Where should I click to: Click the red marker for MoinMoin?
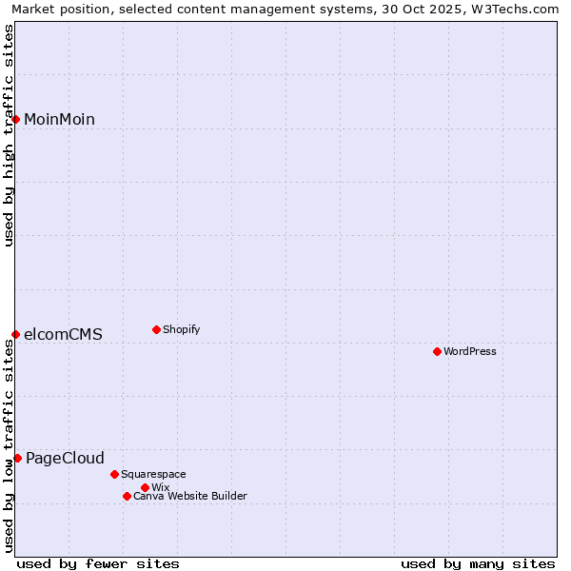(16, 119)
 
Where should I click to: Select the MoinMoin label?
(59, 119)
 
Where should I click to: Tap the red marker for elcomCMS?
(16, 334)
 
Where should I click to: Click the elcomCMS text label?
(63, 334)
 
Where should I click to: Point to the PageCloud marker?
(18, 458)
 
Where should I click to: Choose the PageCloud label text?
(65, 458)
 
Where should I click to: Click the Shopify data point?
(156, 329)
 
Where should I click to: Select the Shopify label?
(181, 329)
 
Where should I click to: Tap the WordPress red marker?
(437, 351)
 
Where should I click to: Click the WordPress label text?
(470, 351)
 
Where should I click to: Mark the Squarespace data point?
(114, 474)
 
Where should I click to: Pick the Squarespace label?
(153, 474)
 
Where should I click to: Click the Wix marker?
(145, 487)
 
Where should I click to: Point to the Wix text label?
(160, 487)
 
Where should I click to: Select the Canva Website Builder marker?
(127, 496)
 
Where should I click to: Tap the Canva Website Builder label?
(190, 496)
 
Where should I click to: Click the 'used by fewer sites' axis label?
(98, 563)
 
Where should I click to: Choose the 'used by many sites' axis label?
(478, 563)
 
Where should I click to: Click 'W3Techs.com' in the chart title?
(521, 9)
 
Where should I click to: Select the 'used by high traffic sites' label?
(9, 135)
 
